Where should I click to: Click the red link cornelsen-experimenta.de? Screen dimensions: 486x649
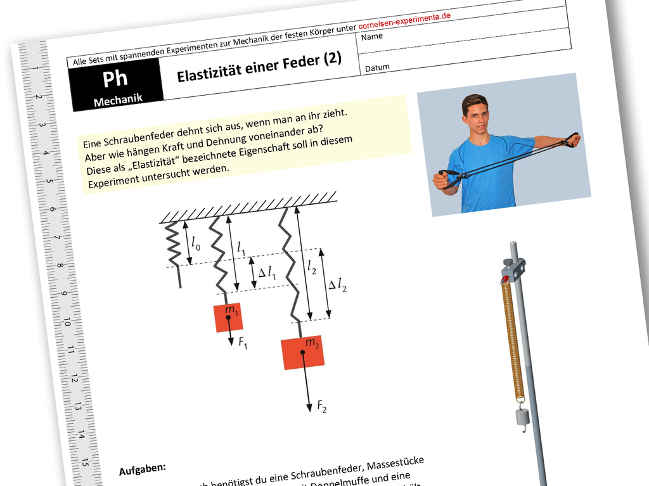(x=404, y=22)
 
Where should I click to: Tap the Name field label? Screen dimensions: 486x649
(x=372, y=37)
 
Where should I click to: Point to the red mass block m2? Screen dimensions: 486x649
(x=303, y=352)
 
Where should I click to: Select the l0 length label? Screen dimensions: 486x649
(x=195, y=242)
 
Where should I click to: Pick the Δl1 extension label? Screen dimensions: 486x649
(x=267, y=272)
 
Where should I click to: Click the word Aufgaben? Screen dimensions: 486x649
(x=142, y=469)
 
